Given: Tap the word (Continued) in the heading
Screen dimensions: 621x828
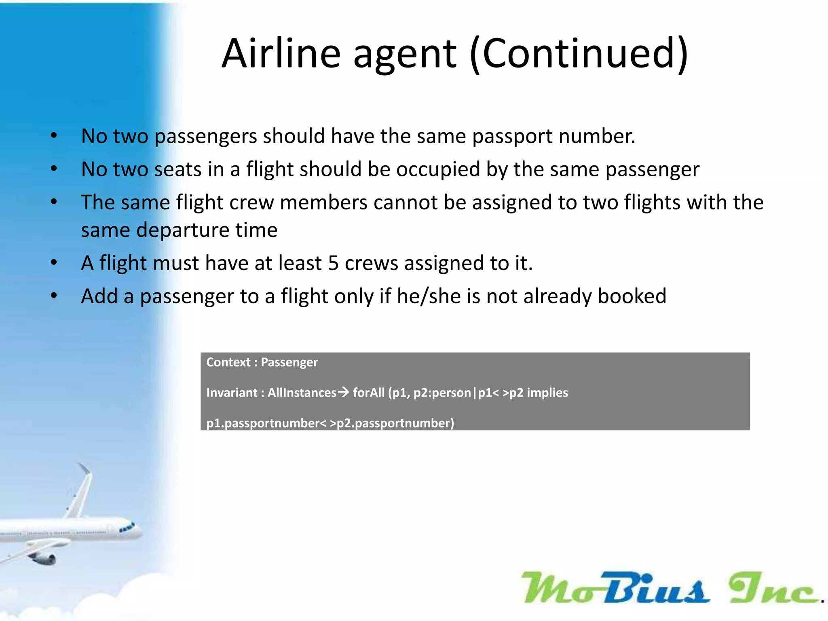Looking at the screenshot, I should pyautogui.click(x=579, y=54).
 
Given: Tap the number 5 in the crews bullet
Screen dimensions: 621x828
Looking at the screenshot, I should pyautogui.click(x=333, y=263).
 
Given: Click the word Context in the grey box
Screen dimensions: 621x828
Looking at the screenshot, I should pyautogui.click(x=228, y=362).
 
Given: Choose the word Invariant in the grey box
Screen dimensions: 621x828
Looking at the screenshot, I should pyautogui.click(x=232, y=393).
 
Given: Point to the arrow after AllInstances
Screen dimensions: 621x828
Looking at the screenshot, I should pyautogui.click(x=343, y=392).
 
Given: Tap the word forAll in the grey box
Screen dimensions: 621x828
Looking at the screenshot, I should pyautogui.click(x=369, y=393).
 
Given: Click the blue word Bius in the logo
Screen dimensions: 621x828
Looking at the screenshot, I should pyautogui.click(x=655, y=588).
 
